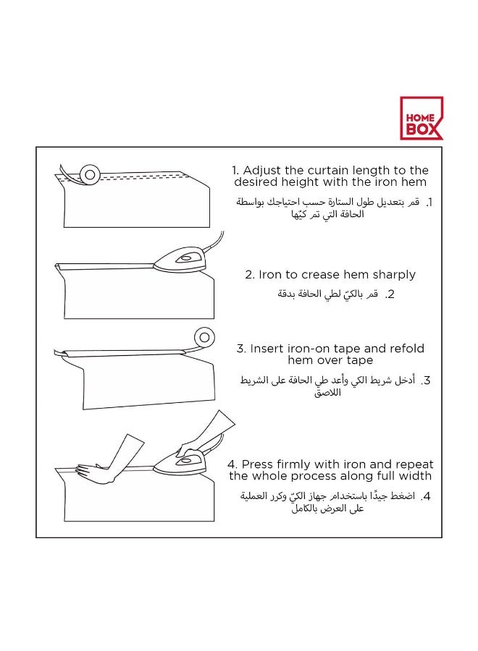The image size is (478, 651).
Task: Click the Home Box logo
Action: click(x=421, y=119)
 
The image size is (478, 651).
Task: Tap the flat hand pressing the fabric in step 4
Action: click(x=94, y=472)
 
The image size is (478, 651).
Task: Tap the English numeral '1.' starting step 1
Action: click(x=235, y=171)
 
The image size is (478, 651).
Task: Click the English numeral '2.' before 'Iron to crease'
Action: click(x=250, y=275)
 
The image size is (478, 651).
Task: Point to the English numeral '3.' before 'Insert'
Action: click(x=242, y=348)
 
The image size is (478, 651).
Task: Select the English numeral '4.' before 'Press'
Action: click(x=232, y=464)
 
